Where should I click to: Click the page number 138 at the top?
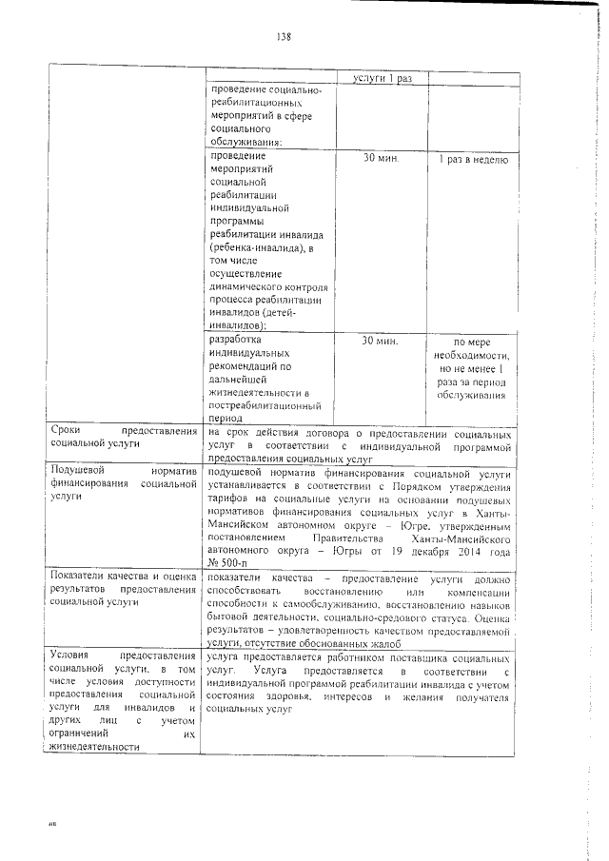(283, 37)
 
